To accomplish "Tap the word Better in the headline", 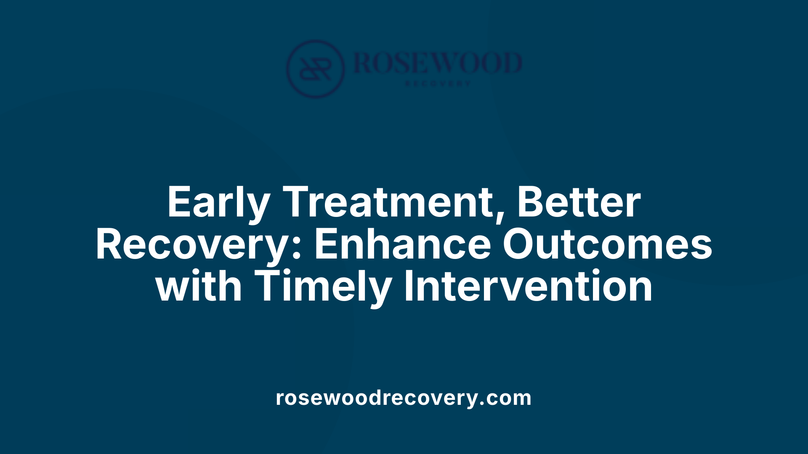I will [x=579, y=203].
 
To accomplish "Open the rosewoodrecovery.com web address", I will [x=404, y=398].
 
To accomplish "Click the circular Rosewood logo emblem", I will [x=315, y=69].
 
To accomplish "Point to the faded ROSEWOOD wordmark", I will [x=438, y=63].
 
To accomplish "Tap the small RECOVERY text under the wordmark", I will [x=438, y=84].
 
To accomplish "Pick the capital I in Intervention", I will [x=407, y=287].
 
